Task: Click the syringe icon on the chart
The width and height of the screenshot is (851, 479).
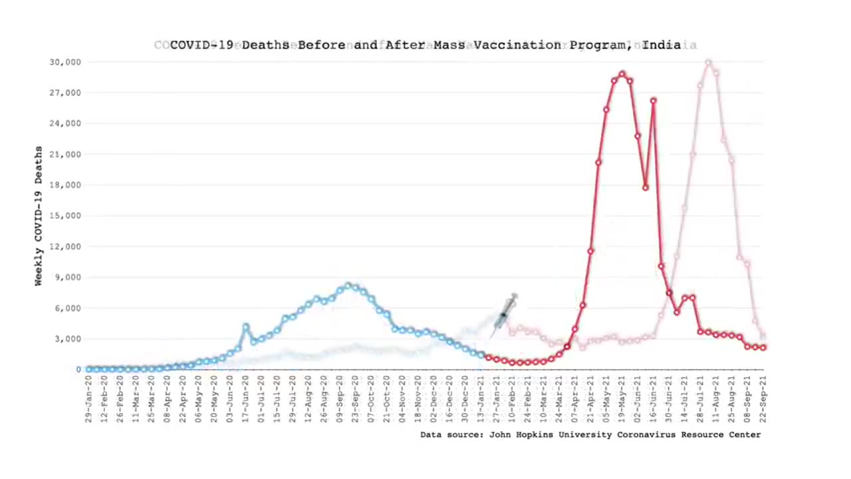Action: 505,314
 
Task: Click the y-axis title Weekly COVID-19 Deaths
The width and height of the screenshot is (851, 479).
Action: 39,216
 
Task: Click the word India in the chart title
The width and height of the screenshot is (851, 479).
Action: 662,45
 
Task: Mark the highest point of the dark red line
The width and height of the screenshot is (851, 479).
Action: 622,75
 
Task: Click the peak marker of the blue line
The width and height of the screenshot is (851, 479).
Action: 348,285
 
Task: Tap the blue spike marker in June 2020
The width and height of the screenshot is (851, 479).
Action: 246,327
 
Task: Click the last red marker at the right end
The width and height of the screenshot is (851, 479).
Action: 763,347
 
